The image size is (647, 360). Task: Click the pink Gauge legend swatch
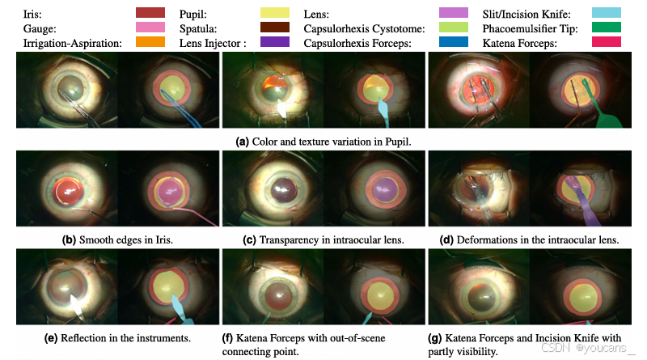click(150, 27)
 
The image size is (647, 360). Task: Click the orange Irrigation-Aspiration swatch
click(150, 41)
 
